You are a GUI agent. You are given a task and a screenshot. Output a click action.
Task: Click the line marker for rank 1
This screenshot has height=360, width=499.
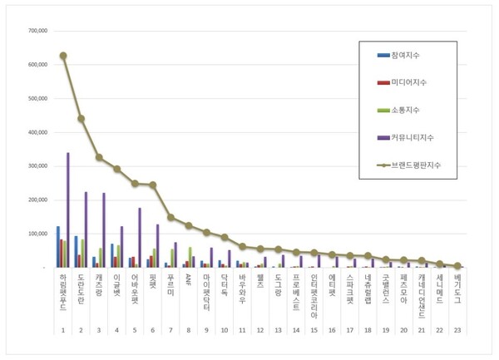click(63, 56)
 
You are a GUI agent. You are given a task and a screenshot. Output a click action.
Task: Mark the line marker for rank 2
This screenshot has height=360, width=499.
click(81, 118)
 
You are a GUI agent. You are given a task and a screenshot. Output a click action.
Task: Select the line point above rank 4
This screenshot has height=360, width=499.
click(116, 169)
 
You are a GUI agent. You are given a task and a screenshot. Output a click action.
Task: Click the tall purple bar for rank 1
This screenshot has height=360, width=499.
click(68, 210)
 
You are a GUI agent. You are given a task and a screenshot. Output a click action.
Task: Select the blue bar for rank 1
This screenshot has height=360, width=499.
click(57, 247)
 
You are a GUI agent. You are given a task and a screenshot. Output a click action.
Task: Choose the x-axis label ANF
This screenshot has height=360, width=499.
click(188, 279)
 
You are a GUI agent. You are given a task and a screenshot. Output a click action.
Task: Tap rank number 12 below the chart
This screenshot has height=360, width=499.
click(260, 330)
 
